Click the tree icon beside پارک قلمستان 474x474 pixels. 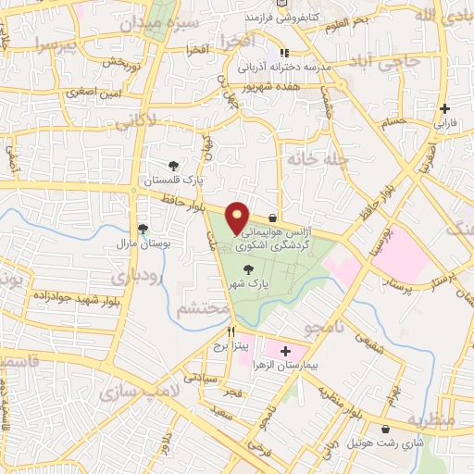pos(173,164)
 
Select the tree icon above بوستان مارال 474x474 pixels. pos(143,228)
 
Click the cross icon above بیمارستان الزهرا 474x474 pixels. pos(285,351)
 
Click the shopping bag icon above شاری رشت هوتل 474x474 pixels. pos(385,429)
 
